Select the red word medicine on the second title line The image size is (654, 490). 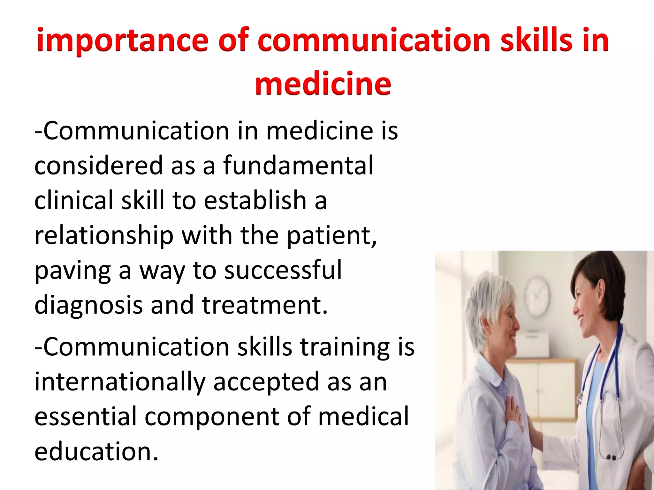point(323,84)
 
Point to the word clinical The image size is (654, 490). point(73,200)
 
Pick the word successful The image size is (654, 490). point(283,270)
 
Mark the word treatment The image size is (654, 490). point(264,305)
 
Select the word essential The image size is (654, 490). point(86,417)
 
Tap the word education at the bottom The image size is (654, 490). point(96,452)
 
